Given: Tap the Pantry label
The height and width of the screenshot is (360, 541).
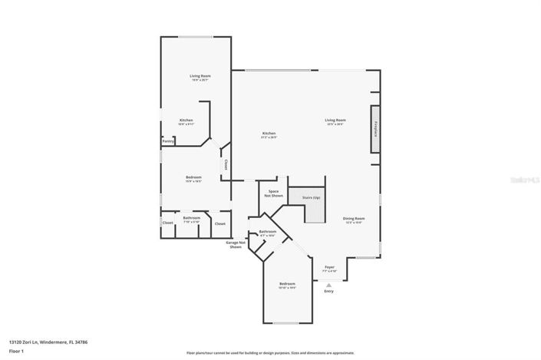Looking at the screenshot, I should click(x=167, y=141).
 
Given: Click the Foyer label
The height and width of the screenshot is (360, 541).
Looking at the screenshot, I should click(x=328, y=267).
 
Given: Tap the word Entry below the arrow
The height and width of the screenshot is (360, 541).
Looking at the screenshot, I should click(x=329, y=291).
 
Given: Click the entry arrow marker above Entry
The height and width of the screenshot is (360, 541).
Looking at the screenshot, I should click(x=329, y=284).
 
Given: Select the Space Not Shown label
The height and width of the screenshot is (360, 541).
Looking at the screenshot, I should click(x=274, y=193).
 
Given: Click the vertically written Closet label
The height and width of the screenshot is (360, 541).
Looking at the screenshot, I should click(x=226, y=164).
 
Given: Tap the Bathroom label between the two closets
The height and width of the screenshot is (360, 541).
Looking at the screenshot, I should click(x=191, y=218).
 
